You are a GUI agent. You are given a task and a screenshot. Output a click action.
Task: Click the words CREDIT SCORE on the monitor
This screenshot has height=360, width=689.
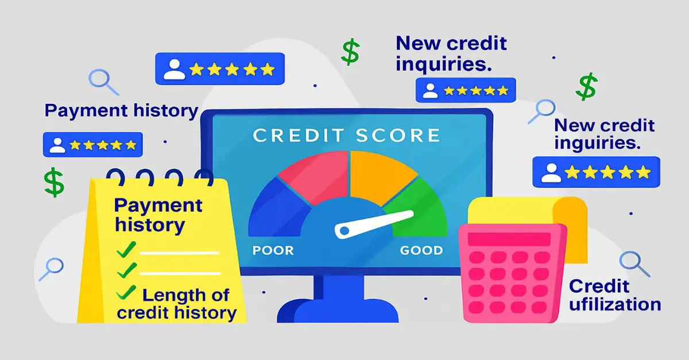point(346,136)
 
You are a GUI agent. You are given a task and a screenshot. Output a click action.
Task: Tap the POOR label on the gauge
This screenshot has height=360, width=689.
point(273,250)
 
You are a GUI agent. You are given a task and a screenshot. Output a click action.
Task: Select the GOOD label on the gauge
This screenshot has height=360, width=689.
point(421,250)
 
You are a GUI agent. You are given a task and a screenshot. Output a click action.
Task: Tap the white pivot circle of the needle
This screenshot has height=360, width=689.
point(343,231)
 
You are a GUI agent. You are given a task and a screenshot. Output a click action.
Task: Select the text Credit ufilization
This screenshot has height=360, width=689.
point(614,295)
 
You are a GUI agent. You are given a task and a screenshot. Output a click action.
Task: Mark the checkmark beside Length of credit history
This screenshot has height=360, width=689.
point(126,293)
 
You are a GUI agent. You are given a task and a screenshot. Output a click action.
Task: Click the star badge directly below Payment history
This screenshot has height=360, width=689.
point(92,144)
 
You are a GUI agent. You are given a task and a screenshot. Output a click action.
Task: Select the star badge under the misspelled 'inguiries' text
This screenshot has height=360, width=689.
point(596,172)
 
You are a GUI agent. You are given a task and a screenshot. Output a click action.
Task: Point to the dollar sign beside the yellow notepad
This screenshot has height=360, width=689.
point(55,183)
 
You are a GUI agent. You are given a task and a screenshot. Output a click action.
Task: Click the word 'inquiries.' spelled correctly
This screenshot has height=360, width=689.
point(444,63)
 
